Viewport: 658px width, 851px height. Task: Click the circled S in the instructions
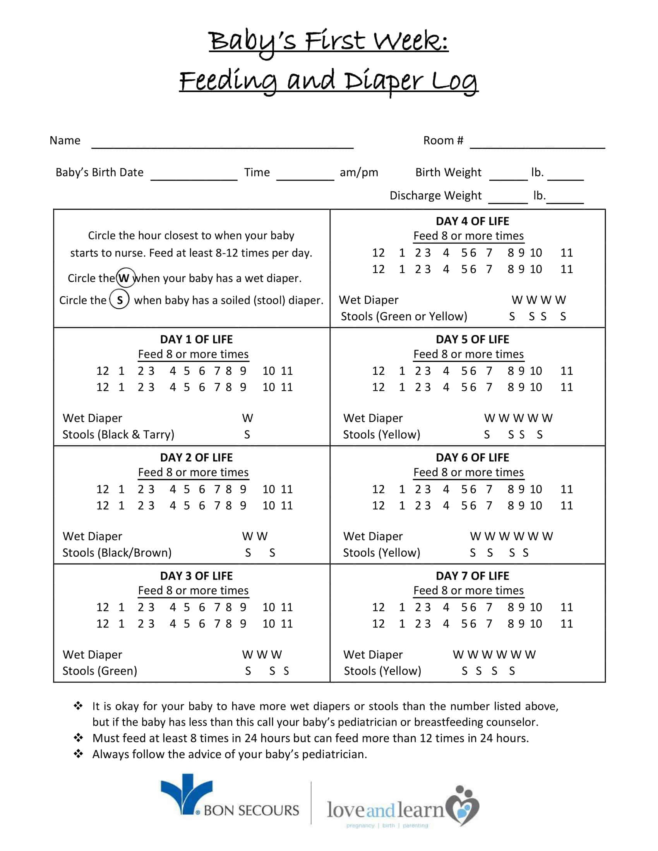point(119,300)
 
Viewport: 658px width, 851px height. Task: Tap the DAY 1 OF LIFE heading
point(196,339)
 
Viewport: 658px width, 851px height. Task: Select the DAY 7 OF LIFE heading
point(472,576)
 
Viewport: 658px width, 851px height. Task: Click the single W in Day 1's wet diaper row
point(248,418)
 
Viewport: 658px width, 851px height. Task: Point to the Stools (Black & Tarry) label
point(118,434)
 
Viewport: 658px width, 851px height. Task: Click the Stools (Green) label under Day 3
point(100,671)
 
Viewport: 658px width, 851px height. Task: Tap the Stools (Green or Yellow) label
point(404,316)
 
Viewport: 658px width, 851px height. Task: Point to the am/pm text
point(359,172)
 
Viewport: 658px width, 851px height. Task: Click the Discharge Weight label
point(435,195)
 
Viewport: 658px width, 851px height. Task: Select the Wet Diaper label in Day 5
point(373,418)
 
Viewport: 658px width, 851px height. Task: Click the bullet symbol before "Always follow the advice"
point(78,754)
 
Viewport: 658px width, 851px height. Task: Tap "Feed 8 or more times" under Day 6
point(468,472)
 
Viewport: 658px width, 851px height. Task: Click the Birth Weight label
point(448,172)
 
